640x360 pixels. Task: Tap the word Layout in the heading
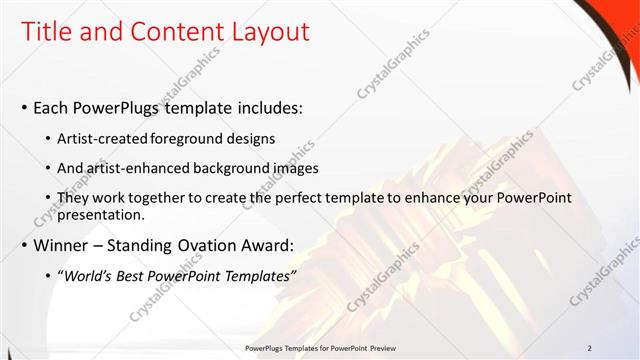tap(269, 32)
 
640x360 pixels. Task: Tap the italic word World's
tap(92, 275)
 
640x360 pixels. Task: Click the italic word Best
tap(138, 275)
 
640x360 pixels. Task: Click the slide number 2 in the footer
tap(589, 347)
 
